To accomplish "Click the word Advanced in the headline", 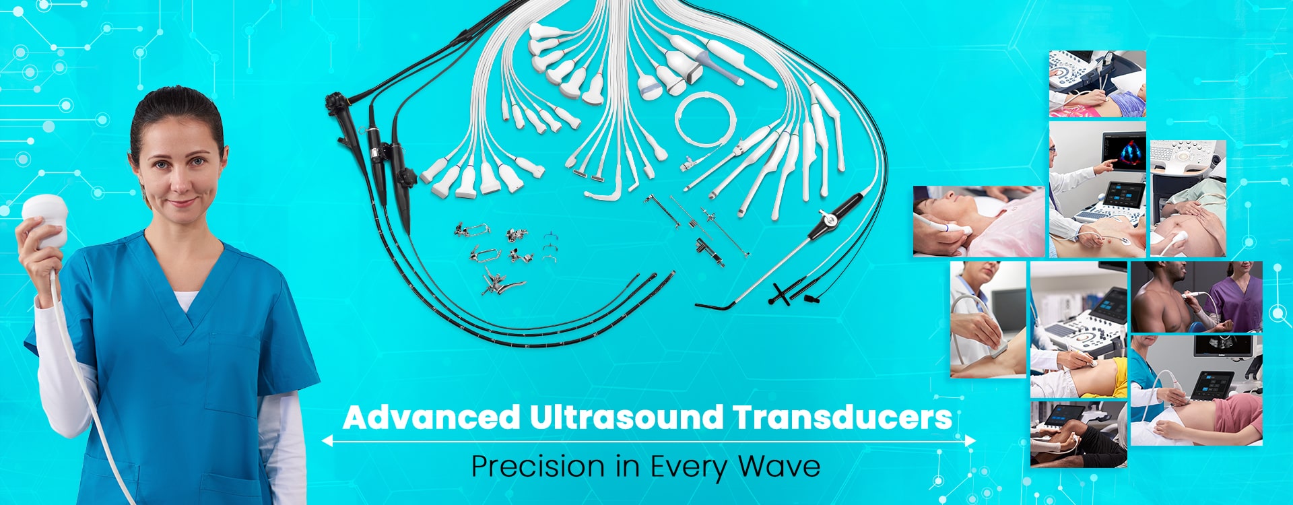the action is point(432,417).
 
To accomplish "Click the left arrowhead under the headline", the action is point(327,441).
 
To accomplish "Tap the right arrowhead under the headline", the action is point(970,441).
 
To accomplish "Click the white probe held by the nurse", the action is point(45,220).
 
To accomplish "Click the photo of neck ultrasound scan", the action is point(979,222).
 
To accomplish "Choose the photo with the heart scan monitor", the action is point(1098,189).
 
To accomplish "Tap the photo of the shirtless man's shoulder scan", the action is point(1197,297).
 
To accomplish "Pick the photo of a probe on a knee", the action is point(988,319).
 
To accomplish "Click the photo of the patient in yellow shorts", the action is point(1078,329).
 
